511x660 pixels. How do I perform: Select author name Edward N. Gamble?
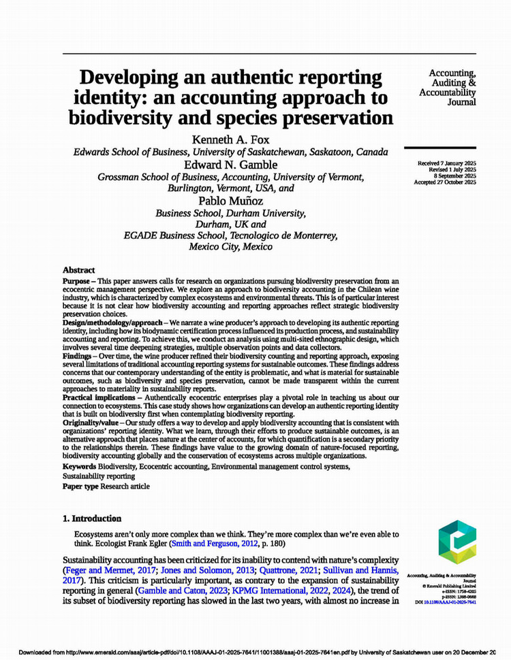[x=231, y=165]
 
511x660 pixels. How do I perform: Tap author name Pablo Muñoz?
[x=231, y=201]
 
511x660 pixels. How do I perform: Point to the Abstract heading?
[x=79, y=270]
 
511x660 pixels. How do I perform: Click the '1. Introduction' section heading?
[x=92, y=518]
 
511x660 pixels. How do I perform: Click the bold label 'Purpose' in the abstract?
[x=79, y=280]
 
